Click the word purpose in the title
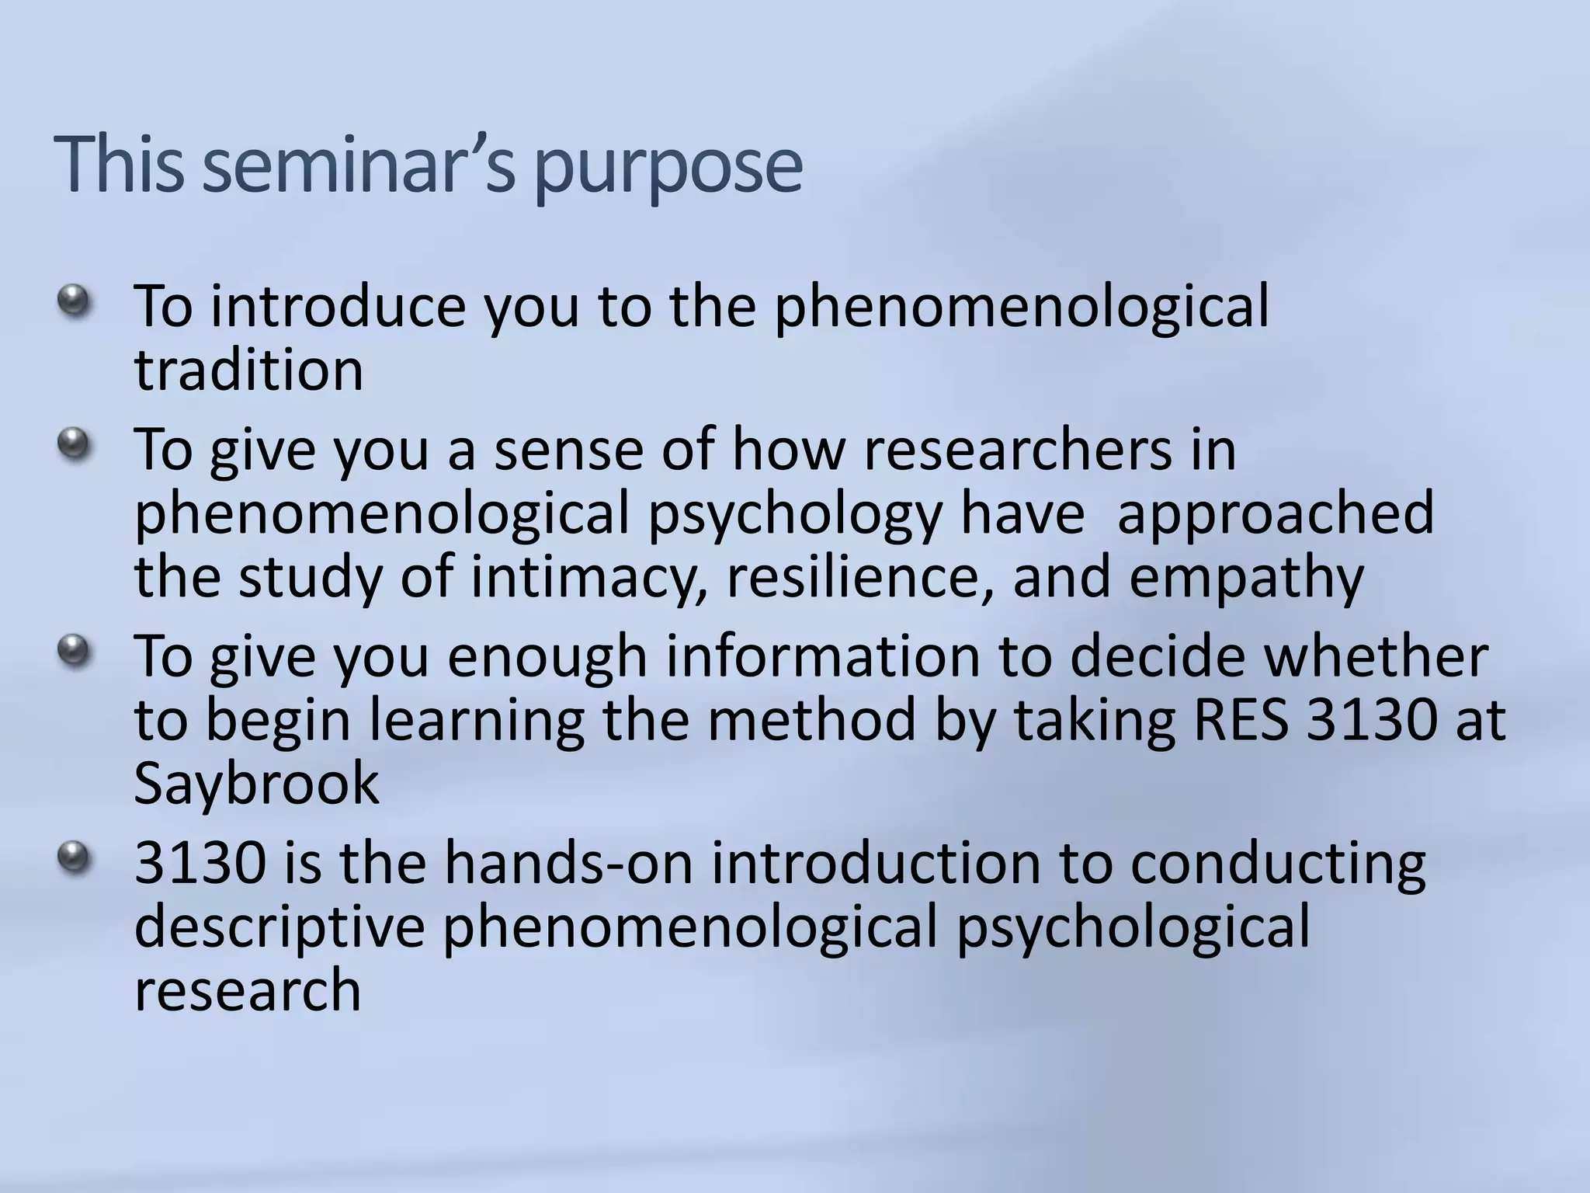click(x=668, y=167)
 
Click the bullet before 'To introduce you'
click(x=74, y=301)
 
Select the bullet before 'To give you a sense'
click(x=74, y=445)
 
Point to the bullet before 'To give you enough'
click(x=74, y=650)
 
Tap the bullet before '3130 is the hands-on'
click(x=74, y=857)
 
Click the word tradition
click(x=248, y=370)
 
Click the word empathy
click(x=1245, y=579)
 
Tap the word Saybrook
click(x=256, y=784)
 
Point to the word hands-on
click(x=568, y=864)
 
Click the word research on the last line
click(x=248, y=992)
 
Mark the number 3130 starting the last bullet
click(x=200, y=864)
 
